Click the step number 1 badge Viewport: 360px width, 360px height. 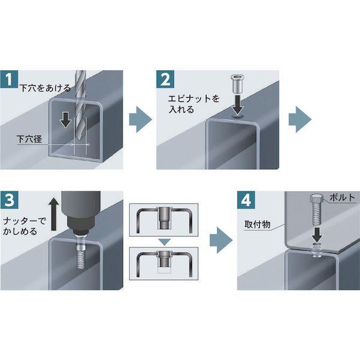(x=9, y=79)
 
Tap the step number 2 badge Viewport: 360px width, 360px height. (x=166, y=79)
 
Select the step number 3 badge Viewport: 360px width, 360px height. (x=9, y=200)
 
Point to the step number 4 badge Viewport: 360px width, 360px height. (x=246, y=200)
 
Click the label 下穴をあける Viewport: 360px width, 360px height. (x=45, y=88)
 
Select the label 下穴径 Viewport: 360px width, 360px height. (x=29, y=139)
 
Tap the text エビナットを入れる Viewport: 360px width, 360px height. (x=194, y=104)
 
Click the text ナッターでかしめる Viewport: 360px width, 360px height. (x=25, y=226)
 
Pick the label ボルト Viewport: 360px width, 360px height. (x=343, y=197)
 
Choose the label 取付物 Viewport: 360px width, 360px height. (x=257, y=224)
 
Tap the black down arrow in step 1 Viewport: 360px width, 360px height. (x=66, y=120)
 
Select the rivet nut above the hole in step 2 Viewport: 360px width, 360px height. (x=238, y=84)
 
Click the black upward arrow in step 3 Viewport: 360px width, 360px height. (x=54, y=214)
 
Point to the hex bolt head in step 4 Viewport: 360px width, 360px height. (x=316, y=198)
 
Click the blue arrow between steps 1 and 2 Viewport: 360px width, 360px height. (x=140, y=119)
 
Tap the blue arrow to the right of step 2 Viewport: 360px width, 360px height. (x=300, y=119)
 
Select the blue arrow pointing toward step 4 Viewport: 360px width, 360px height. (x=221, y=241)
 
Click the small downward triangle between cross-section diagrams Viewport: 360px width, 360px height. (x=165, y=242)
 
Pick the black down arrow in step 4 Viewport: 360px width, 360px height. (x=317, y=235)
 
